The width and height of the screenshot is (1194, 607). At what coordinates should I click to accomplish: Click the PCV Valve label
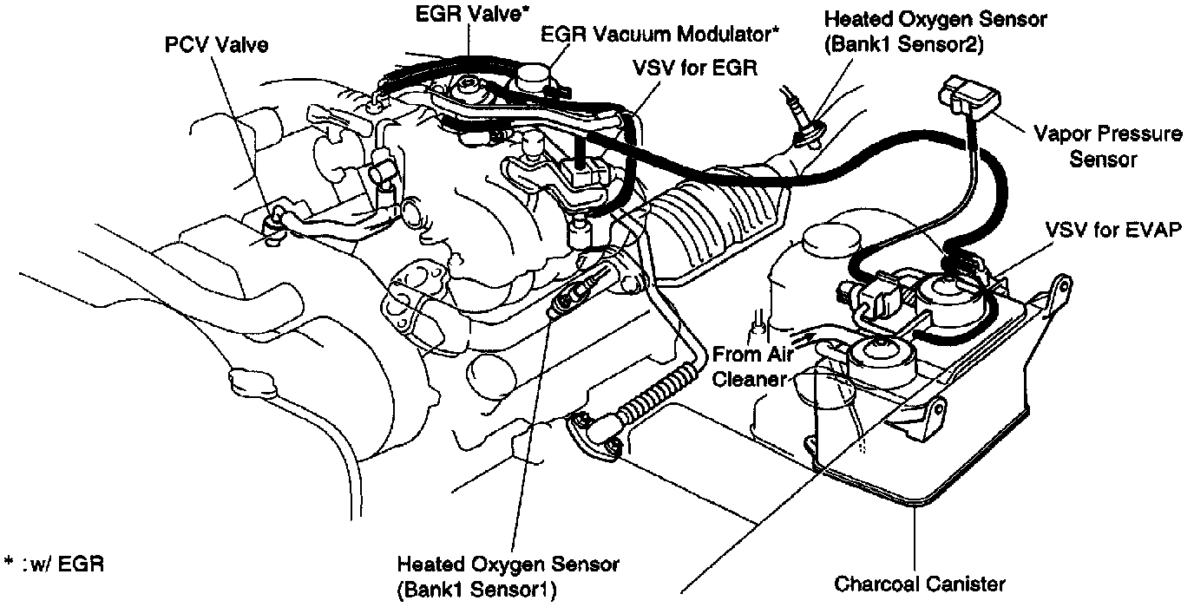point(217,45)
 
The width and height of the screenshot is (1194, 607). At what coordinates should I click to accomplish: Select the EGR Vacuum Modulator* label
point(659,35)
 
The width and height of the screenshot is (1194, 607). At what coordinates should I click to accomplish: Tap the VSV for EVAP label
point(1114,232)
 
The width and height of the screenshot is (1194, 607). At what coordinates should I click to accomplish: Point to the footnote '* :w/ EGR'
point(54,565)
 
